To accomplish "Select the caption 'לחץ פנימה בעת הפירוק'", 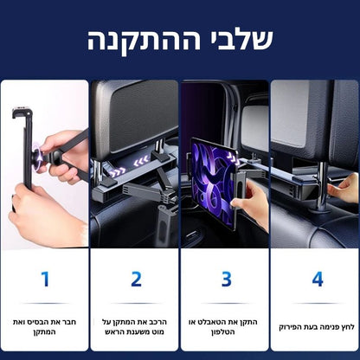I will click(316, 326).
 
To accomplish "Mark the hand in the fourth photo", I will click(344, 186).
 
